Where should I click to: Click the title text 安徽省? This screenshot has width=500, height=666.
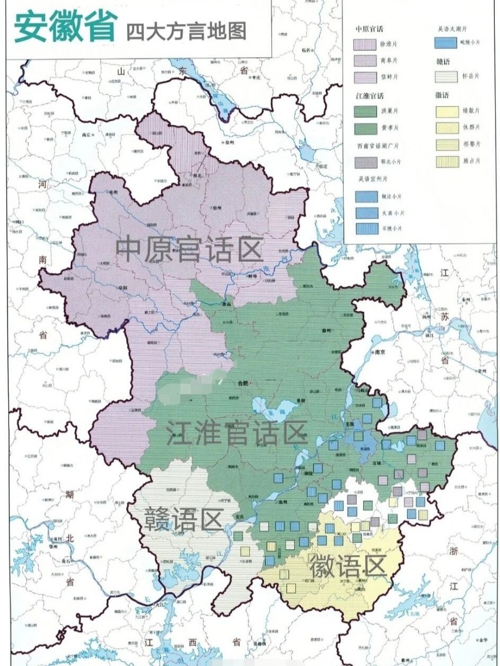point(65,27)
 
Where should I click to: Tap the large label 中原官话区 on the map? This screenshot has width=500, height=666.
point(189,249)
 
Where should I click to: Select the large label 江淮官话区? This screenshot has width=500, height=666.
point(235,433)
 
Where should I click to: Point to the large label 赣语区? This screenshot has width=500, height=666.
point(183,518)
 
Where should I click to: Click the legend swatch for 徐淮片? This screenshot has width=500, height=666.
point(365,44)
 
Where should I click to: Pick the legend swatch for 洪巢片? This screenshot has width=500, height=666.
point(365,111)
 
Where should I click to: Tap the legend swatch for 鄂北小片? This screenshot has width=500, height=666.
point(365,162)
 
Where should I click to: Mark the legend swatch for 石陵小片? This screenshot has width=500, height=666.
point(365,228)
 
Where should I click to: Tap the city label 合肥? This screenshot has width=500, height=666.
point(242,383)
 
